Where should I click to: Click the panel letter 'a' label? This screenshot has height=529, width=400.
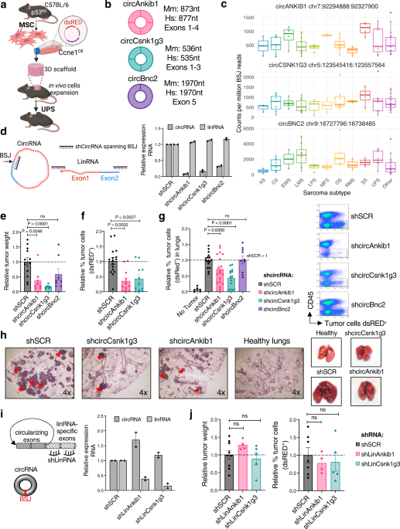tap(5, 6)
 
